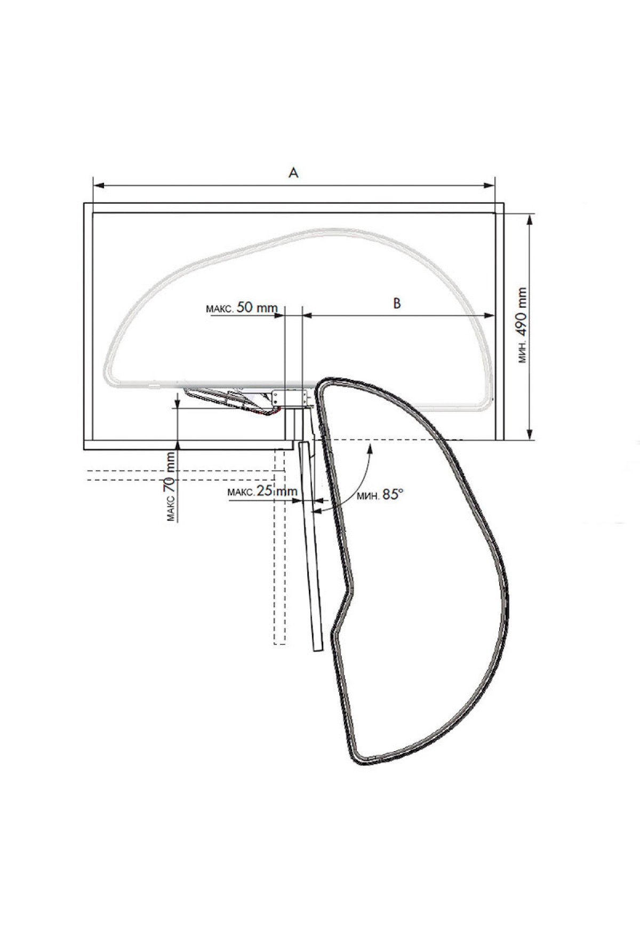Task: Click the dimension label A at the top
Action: pyautogui.click(x=293, y=172)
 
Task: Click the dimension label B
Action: pyautogui.click(x=397, y=303)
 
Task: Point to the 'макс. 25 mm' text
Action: pyautogui.click(x=262, y=491)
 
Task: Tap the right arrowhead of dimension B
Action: pyautogui.click(x=490, y=316)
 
